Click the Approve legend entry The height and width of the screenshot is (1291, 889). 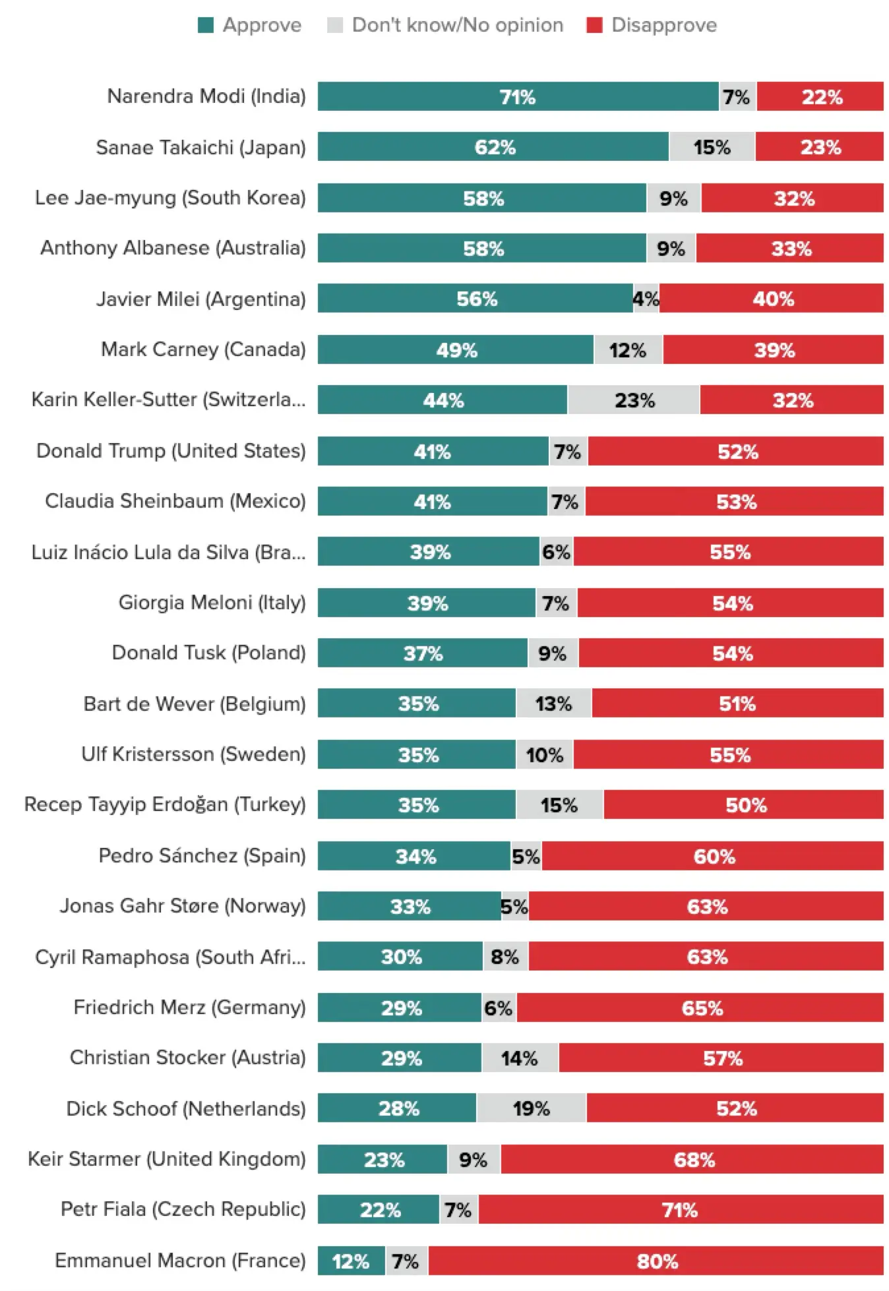click(250, 25)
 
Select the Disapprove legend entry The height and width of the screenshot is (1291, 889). click(652, 25)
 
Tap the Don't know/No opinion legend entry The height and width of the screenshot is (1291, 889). click(446, 25)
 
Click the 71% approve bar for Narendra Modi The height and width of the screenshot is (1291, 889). click(518, 97)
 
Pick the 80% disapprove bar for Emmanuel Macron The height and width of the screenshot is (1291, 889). click(656, 1261)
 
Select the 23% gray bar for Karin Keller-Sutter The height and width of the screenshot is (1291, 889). click(634, 400)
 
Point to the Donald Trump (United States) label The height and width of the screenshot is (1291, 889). click(171, 451)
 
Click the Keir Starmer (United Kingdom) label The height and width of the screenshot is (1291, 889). click(166, 1159)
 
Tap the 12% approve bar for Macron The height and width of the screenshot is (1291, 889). click(351, 1261)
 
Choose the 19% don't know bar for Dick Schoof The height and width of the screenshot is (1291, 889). click(531, 1108)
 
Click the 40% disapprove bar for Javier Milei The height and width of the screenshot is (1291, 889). click(772, 299)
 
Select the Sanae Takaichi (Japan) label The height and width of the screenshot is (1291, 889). click(200, 148)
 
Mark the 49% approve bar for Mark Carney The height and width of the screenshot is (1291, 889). click(456, 349)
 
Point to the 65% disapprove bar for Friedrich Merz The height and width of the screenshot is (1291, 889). click(700, 1007)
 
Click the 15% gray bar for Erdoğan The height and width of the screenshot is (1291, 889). click(559, 805)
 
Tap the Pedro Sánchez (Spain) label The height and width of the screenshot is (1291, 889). click(202, 856)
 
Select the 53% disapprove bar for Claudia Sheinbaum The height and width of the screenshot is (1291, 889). click(735, 502)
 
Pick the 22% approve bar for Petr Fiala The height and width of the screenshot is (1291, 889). click(379, 1210)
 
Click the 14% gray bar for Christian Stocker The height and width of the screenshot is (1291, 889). click(520, 1058)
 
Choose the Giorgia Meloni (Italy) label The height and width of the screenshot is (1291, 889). click(212, 603)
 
